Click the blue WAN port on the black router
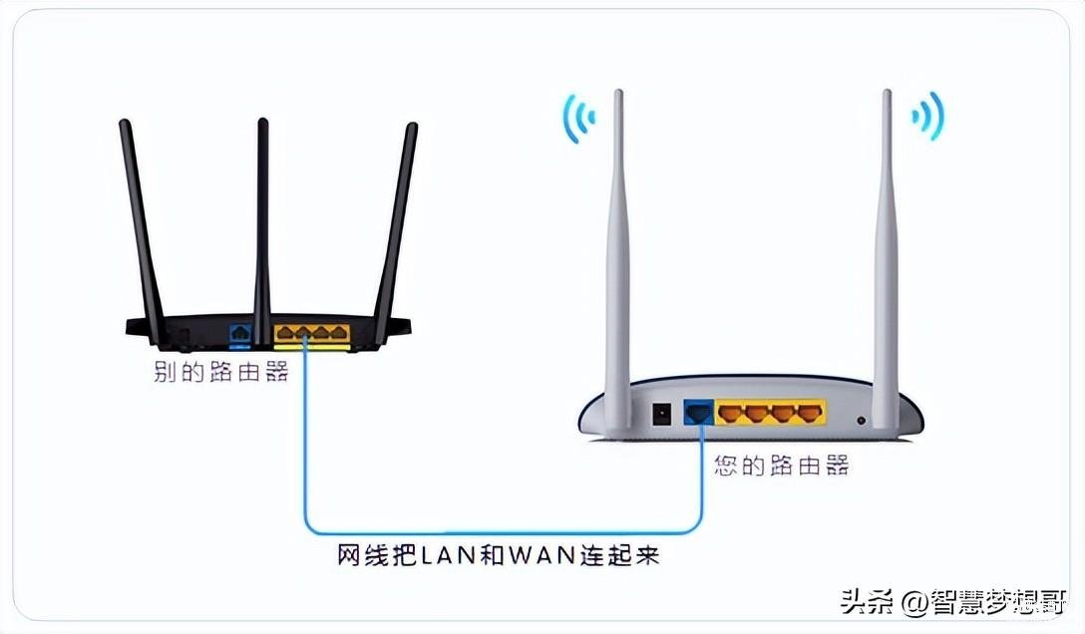[x=240, y=333]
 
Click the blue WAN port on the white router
[x=698, y=413]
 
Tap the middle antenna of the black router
[x=262, y=231]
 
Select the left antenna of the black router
[x=142, y=231]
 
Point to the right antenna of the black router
[x=396, y=231]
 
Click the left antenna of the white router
[x=618, y=259]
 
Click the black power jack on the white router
[x=662, y=414]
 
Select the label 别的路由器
[x=220, y=372]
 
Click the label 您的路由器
[x=781, y=466]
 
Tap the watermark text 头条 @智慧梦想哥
[x=952, y=601]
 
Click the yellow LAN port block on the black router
[x=312, y=334]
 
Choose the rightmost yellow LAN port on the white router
[x=810, y=414]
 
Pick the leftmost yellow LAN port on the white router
[x=731, y=414]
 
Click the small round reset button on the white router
[x=861, y=420]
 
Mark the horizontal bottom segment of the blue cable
[x=504, y=533]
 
